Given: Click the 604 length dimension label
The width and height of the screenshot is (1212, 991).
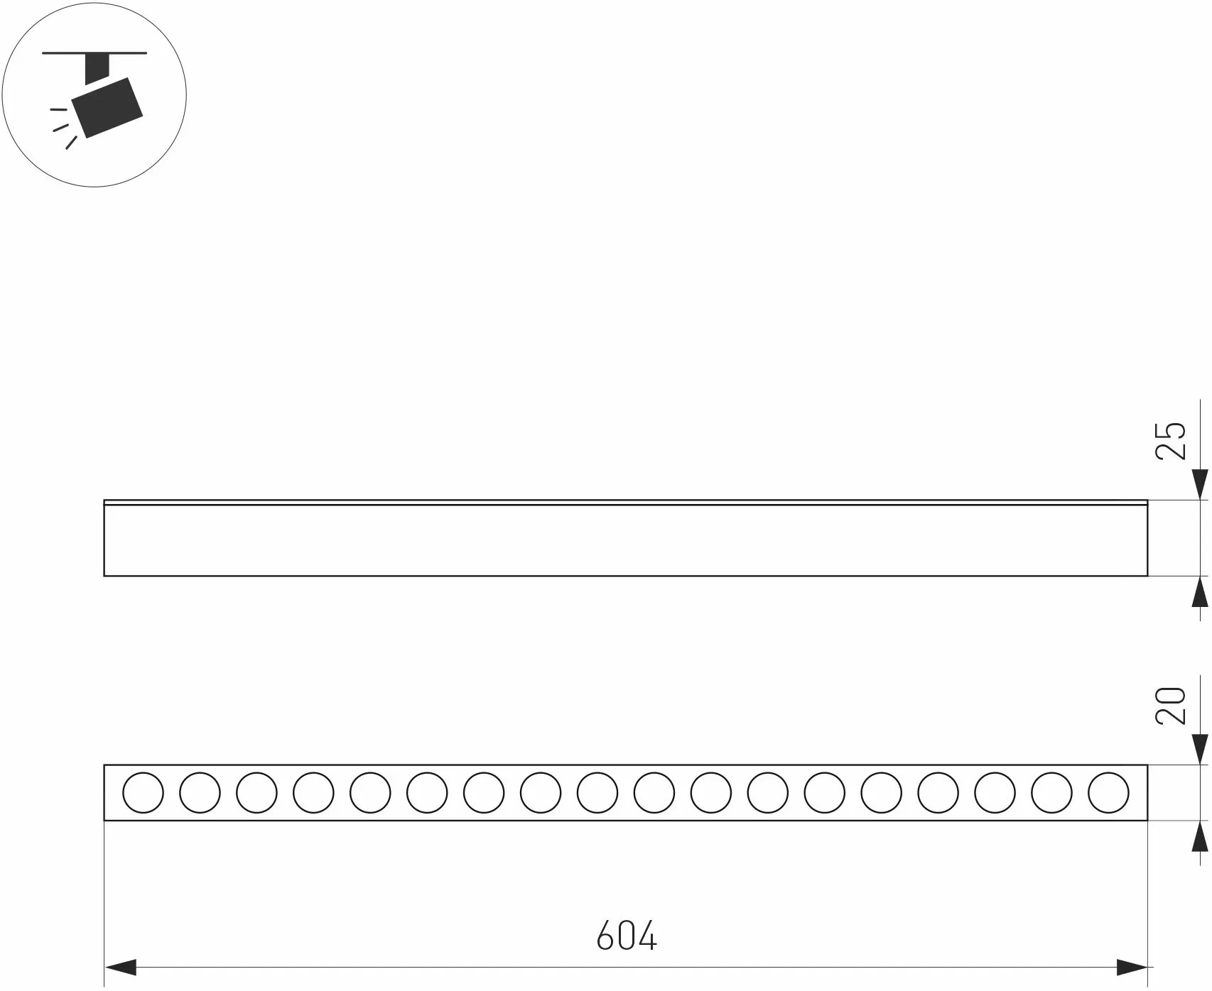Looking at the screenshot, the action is pos(627,935).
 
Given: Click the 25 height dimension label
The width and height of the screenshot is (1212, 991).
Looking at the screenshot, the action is pos(1172,441).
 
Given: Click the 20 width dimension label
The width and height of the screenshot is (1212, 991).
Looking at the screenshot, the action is pos(1172,705).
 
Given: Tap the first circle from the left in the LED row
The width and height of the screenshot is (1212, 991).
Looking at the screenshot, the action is pos(143,793).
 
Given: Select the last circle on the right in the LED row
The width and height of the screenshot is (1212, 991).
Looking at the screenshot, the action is pos(1108,793).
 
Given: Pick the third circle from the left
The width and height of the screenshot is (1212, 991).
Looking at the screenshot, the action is pos(256,793).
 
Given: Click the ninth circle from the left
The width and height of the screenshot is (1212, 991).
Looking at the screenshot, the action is pos(597,793).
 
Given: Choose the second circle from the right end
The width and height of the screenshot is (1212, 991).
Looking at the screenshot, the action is pos(1051,793).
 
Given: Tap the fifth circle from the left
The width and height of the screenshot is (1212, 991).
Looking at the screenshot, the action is pos(370,793).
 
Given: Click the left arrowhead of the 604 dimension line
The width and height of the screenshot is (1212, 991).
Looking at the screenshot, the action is pos(120,967).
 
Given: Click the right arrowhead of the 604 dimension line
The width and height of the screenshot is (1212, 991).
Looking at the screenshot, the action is pos(1132,967).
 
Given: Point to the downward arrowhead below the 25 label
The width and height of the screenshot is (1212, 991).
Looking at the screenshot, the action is pos(1200,484).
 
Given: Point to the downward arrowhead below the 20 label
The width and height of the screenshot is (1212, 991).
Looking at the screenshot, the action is pos(1200,749).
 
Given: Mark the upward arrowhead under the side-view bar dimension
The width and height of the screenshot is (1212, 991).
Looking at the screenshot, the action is pos(1200,591).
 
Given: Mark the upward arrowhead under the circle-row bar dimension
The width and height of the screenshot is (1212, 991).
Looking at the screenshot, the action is pos(1200,836).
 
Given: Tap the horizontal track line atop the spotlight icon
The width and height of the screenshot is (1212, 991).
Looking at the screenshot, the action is pos(94,53).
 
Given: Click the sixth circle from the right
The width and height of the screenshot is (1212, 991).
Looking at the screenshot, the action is pos(825,793).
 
